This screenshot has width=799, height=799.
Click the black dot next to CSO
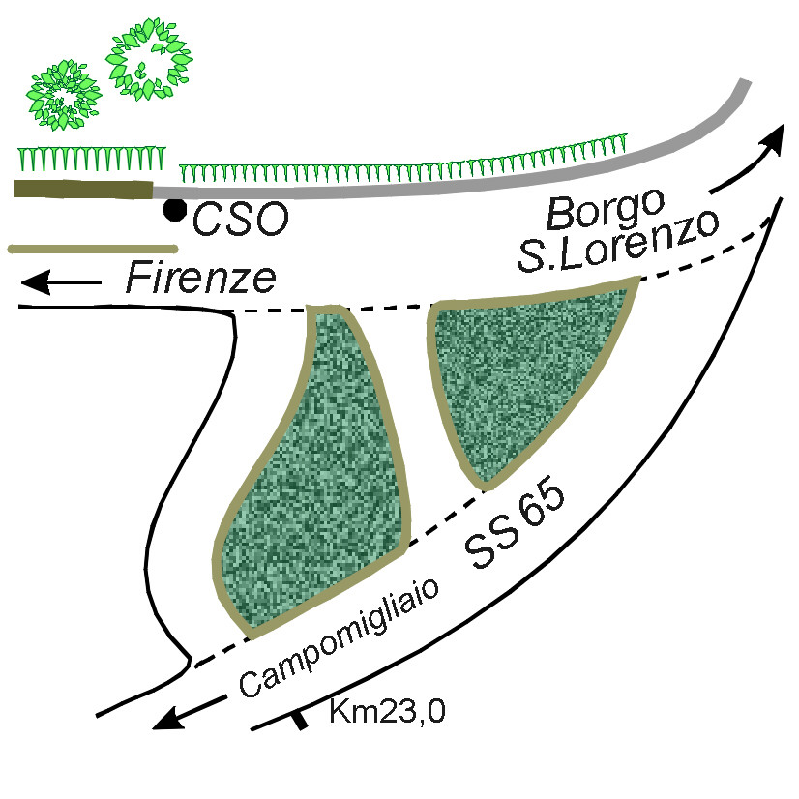[x=174, y=209]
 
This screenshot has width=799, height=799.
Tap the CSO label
[x=241, y=221]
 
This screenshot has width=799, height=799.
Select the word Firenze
[x=201, y=280]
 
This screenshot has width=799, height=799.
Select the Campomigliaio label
[x=339, y=638]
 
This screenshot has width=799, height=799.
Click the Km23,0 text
[x=387, y=712]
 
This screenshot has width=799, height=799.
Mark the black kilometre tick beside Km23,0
[x=301, y=719]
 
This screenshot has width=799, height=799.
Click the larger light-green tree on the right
[x=151, y=58]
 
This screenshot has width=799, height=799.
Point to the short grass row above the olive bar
[x=93, y=157]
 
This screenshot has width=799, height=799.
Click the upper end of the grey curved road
[x=744, y=84]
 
